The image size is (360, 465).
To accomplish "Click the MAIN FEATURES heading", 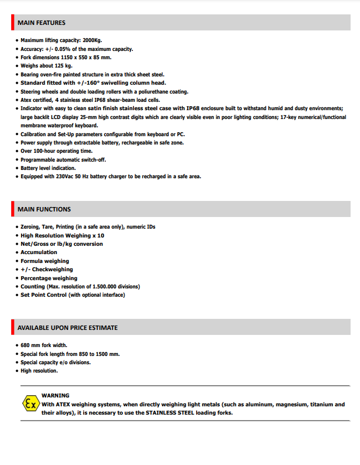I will point(42,23).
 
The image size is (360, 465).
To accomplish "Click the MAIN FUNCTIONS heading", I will point(44,209).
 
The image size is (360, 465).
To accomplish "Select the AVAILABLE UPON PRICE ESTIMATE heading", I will point(68,328).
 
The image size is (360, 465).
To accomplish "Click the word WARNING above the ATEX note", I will point(55,396).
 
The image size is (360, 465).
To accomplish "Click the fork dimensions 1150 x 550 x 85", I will point(79,58).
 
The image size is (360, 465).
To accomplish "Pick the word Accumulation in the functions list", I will point(39,252).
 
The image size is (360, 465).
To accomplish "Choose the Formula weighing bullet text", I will point(45,261).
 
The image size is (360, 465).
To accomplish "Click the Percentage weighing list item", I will point(49,278).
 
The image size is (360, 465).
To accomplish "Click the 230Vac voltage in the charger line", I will point(65,177).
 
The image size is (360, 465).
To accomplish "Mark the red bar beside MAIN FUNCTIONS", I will point(12,209).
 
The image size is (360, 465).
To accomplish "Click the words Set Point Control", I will point(43,295).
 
